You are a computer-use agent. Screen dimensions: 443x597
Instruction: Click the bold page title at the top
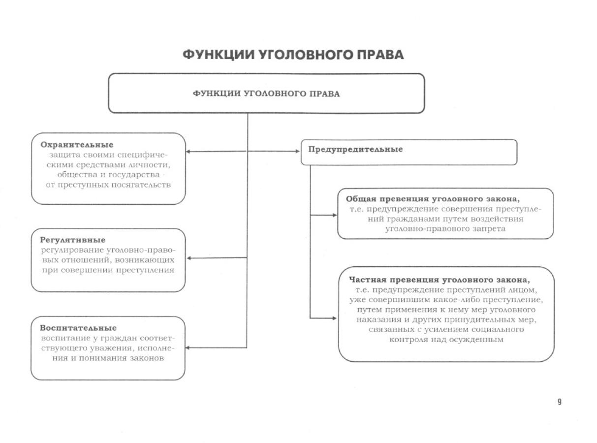coord(293,55)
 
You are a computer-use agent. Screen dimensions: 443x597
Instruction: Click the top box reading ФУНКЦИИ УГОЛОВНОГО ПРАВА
coord(266,94)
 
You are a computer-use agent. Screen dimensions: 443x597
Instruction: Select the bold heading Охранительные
coord(76,145)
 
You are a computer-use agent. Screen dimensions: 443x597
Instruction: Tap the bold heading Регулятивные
coord(72,240)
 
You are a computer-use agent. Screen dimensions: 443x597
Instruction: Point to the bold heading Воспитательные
coord(78,328)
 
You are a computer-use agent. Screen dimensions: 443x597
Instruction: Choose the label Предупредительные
coord(355,149)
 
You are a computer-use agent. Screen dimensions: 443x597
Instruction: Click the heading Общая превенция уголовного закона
coord(433,199)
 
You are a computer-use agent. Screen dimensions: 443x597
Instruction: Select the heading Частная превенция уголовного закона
coord(439,280)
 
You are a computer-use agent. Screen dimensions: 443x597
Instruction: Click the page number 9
coord(560,402)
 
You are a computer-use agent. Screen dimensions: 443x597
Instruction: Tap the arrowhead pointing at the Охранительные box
coord(189,151)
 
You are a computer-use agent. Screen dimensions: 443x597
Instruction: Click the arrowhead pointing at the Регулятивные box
coord(189,257)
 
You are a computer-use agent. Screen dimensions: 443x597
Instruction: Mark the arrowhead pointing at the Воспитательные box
coord(189,348)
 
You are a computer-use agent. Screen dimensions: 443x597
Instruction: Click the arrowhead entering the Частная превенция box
coord(335,318)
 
